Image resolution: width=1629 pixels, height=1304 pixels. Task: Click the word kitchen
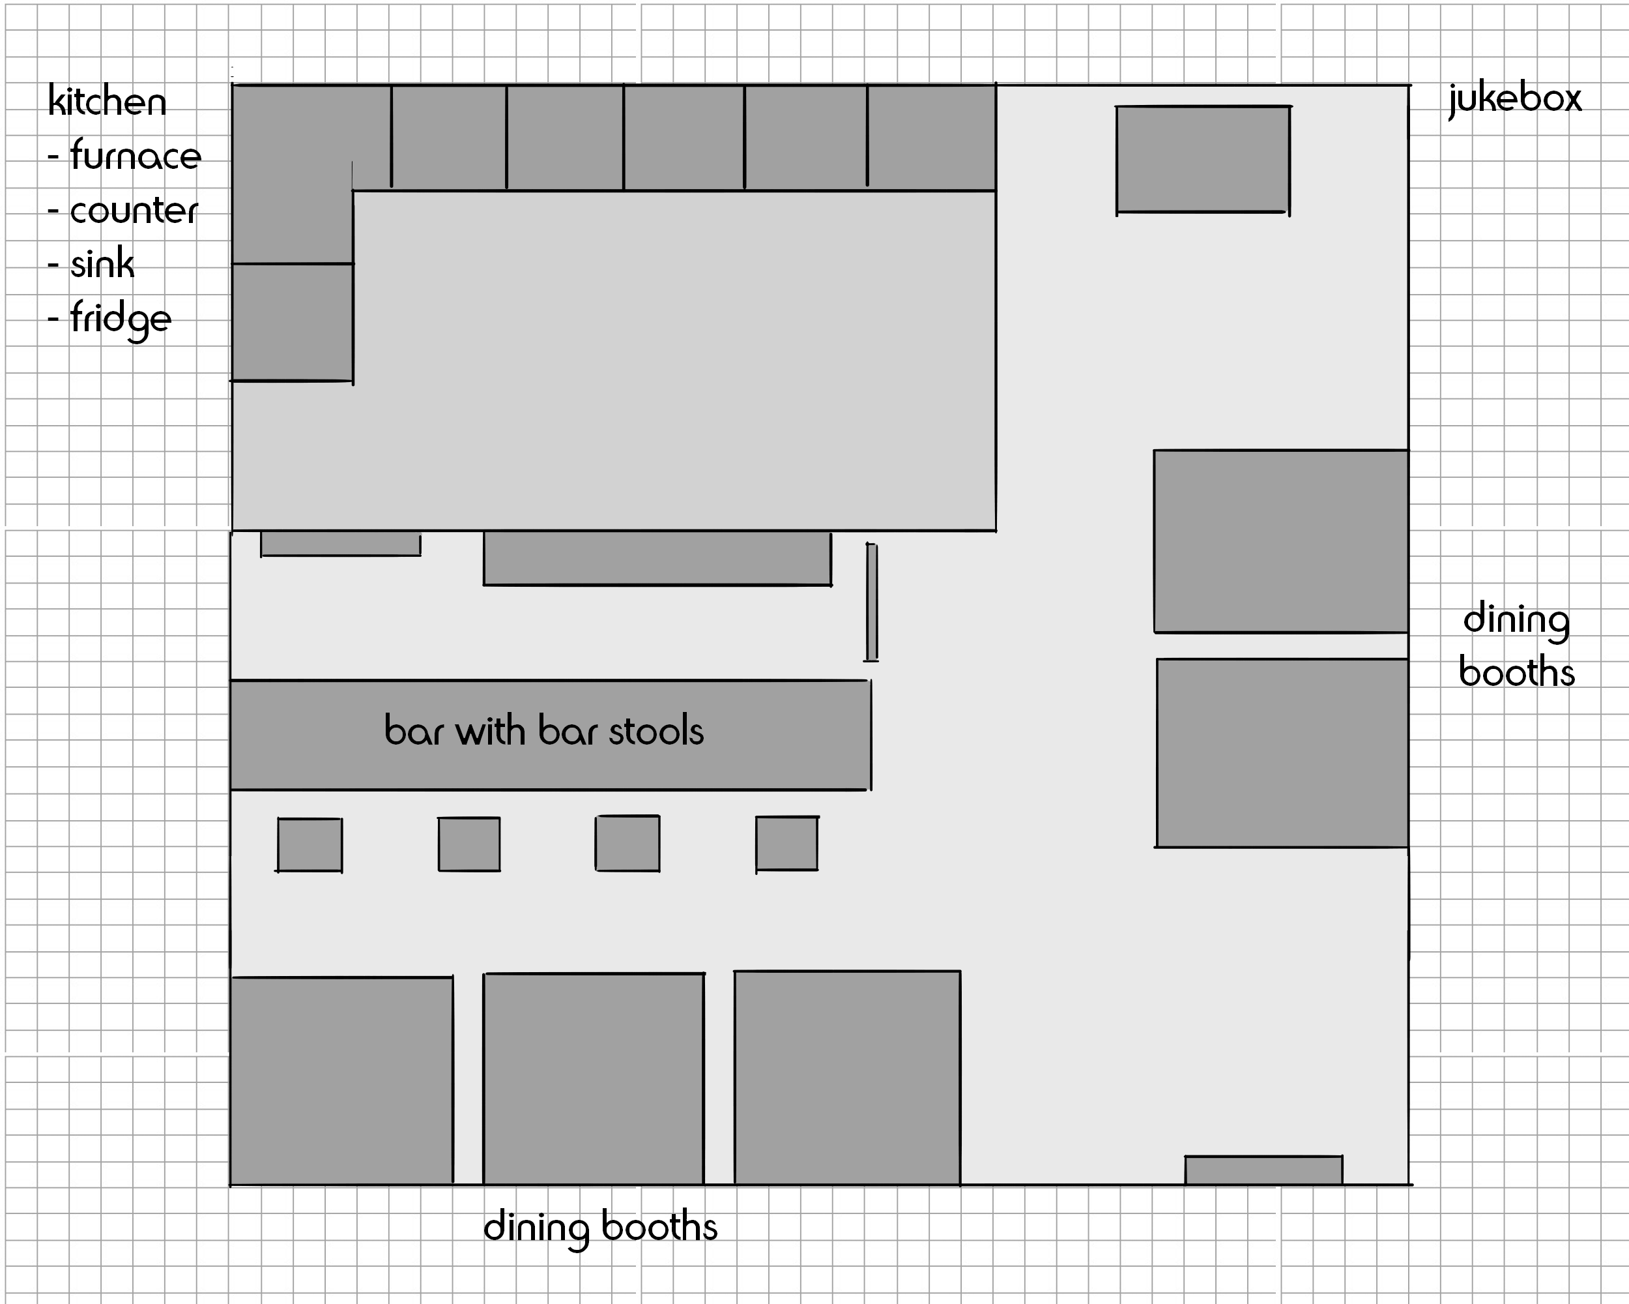(108, 100)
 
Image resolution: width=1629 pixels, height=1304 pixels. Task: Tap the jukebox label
(1515, 100)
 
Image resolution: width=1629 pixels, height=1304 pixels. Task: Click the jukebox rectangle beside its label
(1203, 160)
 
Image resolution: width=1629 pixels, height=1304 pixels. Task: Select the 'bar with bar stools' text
(544, 730)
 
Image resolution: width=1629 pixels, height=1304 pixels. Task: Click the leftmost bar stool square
(310, 845)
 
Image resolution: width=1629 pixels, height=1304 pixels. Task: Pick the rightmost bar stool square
(787, 844)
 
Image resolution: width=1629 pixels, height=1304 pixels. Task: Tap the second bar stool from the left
(469, 844)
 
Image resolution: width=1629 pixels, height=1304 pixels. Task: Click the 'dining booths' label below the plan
(601, 1227)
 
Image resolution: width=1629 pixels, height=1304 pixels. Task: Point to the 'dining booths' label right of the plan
(1516, 646)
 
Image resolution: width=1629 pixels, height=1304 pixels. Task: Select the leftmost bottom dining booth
(341, 1081)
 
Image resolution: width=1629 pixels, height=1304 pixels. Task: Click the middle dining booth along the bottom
(594, 1078)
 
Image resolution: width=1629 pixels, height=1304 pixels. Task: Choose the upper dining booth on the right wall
(1280, 541)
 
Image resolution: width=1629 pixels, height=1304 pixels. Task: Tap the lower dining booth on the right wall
(1282, 753)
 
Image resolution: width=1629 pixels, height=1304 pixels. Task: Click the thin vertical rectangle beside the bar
(872, 602)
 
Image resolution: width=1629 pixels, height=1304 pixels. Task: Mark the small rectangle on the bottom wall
(1263, 1170)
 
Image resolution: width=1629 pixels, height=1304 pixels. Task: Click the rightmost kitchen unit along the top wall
(932, 137)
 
